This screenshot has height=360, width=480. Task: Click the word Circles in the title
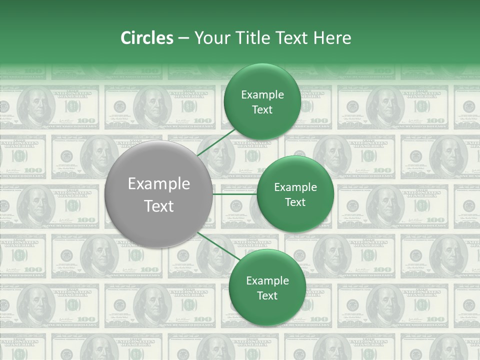click(x=146, y=38)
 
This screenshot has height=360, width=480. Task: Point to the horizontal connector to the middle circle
click(x=234, y=194)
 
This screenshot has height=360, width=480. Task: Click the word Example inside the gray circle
click(x=158, y=184)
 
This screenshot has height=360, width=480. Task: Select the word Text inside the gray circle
click(x=158, y=206)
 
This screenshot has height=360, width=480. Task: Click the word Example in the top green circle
click(x=262, y=95)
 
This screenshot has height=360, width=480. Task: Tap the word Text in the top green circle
click(x=262, y=110)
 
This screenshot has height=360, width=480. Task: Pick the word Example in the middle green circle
click(x=295, y=187)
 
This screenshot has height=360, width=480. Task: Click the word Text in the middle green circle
click(x=295, y=202)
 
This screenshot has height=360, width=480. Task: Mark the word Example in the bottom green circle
click(x=267, y=281)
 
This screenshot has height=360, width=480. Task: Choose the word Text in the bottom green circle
click(x=267, y=296)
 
